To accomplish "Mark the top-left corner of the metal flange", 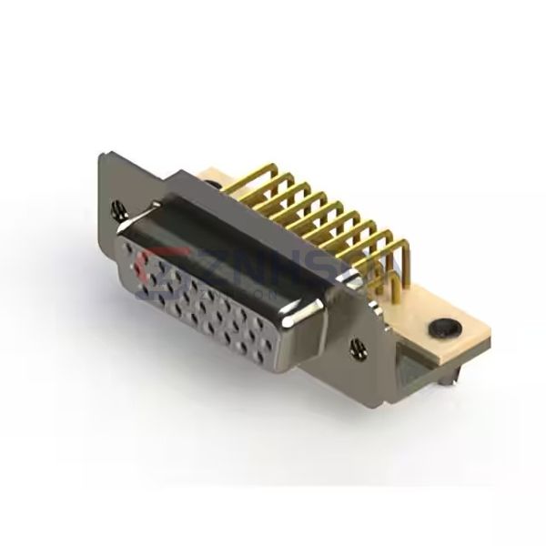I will (x=100, y=157).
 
